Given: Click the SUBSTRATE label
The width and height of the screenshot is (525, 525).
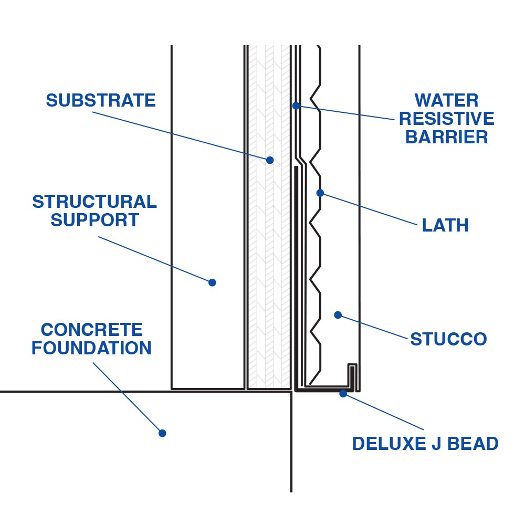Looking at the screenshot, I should (x=101, y=100).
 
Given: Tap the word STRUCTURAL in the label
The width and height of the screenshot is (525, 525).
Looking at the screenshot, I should (x=94, y=202).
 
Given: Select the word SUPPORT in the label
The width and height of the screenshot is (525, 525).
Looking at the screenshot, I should (x=95, y=220).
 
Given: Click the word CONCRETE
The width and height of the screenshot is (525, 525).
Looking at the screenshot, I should (x=92, y=330).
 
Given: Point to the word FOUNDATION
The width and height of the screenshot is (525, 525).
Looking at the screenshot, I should (x=91, y=348).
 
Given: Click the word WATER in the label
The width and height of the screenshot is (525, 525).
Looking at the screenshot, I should (x=446, y=100).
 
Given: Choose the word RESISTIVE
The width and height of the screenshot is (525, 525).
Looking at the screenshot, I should (x=447, y=119).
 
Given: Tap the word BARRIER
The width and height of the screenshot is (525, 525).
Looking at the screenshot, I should (x=447, y=137).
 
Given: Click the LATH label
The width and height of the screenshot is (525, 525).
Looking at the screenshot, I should (x=445, y=225).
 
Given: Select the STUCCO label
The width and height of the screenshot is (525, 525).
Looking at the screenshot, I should (x=448, y=339).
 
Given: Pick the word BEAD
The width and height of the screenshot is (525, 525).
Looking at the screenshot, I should (x=475, y=444).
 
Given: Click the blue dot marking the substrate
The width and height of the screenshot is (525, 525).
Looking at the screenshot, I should (x=270, y=160).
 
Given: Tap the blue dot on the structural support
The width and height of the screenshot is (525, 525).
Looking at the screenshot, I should (x=212, y=282).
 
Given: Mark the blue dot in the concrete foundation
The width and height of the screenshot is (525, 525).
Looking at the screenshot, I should (x=162, y=433).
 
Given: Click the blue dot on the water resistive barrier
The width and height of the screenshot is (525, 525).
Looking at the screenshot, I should (x=296, y=106).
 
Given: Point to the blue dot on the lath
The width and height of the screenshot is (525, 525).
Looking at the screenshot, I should (x=320, y=193).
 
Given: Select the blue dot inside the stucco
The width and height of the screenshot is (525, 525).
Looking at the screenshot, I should (x=338, y=315).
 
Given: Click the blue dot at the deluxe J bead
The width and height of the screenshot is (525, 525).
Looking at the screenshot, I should (x=343, y=393).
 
